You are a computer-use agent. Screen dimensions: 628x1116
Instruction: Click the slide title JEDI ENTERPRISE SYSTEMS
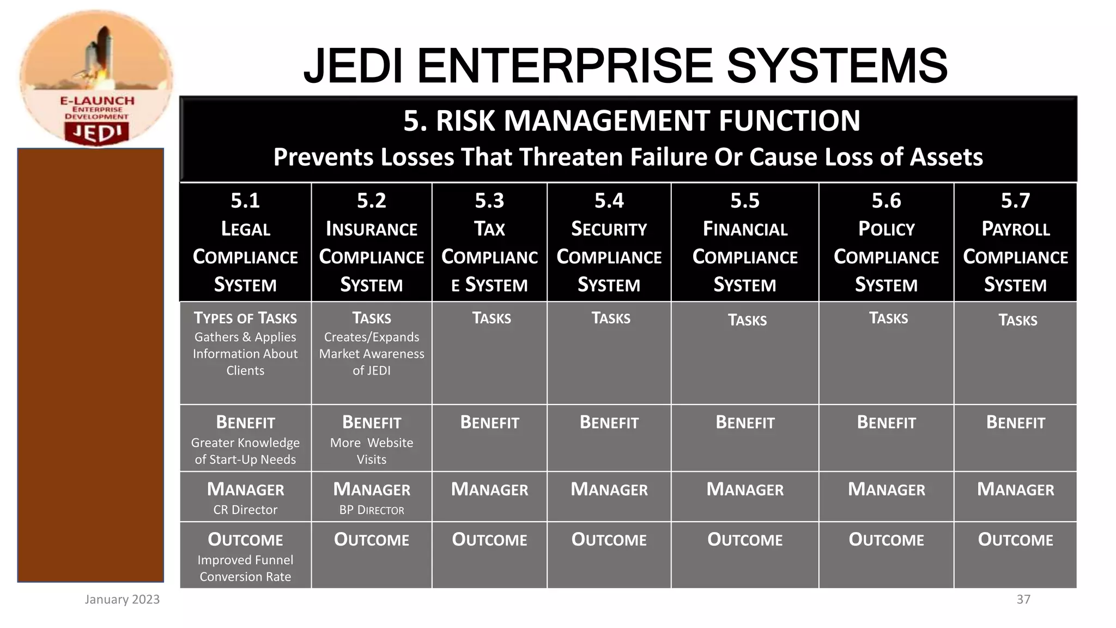[625, 65]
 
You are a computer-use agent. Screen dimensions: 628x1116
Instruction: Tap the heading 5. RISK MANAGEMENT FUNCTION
[631, 120]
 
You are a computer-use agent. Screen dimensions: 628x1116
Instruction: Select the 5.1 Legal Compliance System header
[245, 242]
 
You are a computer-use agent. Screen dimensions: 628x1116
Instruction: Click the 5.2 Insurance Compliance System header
[371, 242]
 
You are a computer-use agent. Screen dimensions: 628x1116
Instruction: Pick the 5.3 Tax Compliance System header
[489, 242]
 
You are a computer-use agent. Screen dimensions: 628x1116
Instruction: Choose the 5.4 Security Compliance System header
[609, 242]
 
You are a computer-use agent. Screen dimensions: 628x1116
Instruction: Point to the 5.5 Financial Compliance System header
[744, 242]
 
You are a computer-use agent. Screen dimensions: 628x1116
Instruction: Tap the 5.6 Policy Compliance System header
[886, 242]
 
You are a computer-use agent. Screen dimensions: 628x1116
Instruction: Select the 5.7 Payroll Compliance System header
[1015, 242]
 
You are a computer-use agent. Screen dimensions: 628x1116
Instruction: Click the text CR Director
[245, 510]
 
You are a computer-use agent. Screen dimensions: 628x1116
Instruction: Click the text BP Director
[372, 510]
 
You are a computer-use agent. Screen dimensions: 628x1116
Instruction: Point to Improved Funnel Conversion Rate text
[245, 568]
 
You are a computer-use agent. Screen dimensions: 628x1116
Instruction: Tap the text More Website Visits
[372, 451]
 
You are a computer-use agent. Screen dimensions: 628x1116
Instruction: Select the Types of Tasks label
[245, 318]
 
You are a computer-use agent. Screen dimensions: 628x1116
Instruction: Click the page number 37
[1023, 599]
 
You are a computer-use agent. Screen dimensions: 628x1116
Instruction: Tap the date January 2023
[122, 599]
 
